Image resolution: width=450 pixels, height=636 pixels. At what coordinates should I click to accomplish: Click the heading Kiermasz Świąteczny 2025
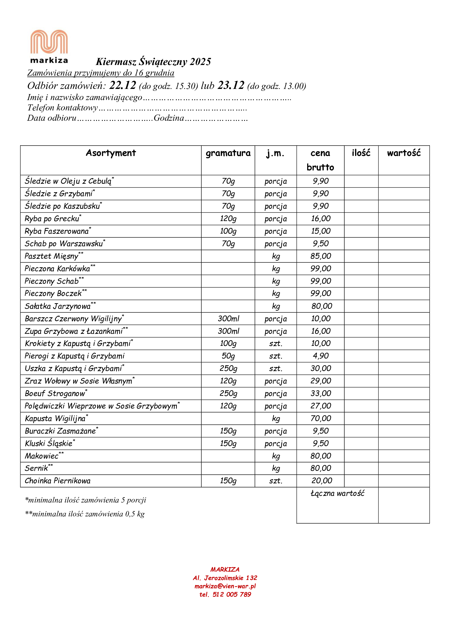pyautogui.click(x=153, y=61)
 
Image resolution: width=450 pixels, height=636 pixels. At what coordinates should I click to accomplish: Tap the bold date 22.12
pyautogui.click(x=122, y=85)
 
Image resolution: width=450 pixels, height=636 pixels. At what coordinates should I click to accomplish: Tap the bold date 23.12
pyautogui.click(x=230, y=85)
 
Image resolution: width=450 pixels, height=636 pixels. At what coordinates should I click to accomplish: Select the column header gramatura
pyautogui.click(x=228, y=153)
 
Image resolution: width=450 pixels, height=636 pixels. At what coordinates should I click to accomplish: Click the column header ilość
pyautogui.click(x=361, y=153)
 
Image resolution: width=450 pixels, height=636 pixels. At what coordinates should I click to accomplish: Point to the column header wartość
pyautogui.click(x=403, y=153)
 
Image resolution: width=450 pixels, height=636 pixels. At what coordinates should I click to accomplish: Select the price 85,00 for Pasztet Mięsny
pyautogui.click(x=320, y=256)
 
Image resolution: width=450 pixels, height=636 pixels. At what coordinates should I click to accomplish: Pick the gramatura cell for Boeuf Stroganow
pyautogui.click(x=228, y=393)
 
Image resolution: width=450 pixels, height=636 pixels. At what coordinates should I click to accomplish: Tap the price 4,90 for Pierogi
pyautogui.click(x=320, y=356)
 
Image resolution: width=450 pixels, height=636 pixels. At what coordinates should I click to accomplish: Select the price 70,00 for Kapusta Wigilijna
pyautogui.click(x=320, y=418)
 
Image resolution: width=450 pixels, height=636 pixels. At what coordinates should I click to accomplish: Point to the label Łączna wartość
pyautogui.click(x=337, y=493)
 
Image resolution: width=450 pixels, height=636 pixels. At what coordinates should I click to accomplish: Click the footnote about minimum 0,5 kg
pyautogui.click(x=85, y=514)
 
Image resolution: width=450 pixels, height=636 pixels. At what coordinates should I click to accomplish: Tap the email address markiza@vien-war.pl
pyautogui.click(x=225, y=586)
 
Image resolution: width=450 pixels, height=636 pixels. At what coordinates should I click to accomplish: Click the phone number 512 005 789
pyautogui.click(x=231, y=594)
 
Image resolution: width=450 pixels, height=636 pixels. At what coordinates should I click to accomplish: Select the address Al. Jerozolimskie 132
pyautogui.click(x=225, y=578)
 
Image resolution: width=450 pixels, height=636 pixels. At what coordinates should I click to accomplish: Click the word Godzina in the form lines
pyautogui.click(x=169, y=118)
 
